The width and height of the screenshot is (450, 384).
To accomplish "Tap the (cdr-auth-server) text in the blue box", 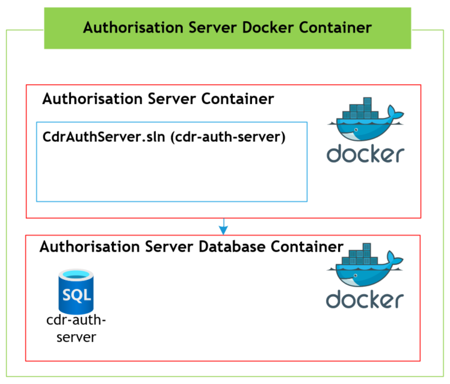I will [229, 137].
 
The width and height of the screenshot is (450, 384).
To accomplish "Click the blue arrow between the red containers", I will [224, 226].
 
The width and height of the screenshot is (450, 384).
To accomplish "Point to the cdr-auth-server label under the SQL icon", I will [76, 328].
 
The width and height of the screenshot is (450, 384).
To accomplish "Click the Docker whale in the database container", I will [364, 268].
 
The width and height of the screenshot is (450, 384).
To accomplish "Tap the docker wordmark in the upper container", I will [365, 153].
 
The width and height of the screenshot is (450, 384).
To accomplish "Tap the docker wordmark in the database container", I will [365, 299].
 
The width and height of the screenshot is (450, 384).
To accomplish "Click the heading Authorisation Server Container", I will [158, 99].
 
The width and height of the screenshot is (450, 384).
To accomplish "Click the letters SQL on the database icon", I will [76, 295].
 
